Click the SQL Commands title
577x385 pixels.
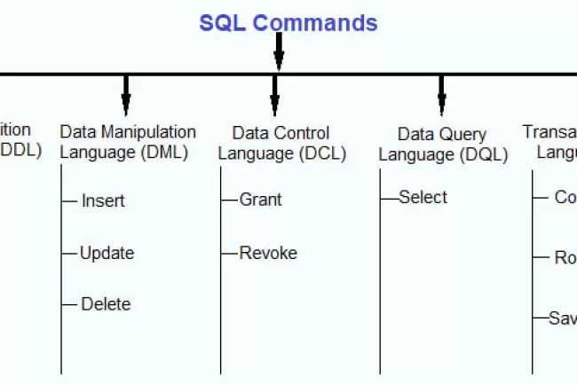pyautogui.click(x=288, y=22)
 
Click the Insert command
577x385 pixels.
pyautogui.click(x=103, y=200)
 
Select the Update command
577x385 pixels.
pyautogui.click(x=107, y=253)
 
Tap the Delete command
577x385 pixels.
pyautogui.click(x=106, y=304)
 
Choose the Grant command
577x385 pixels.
pyautogui.click(x=260, y=200)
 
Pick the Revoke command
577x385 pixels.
pyautogui.click(x=268, y=253)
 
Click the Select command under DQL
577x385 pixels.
pyautogui.click(x=423, y=197)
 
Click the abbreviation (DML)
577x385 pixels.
pyautogui.click(x=163, y=152)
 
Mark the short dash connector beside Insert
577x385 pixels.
pyautogui.click(x=69, y=200)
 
